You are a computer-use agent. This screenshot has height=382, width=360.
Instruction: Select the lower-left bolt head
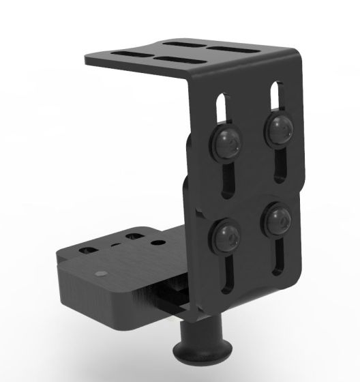pos(227,235)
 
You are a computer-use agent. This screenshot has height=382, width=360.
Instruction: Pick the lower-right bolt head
pos(278,220)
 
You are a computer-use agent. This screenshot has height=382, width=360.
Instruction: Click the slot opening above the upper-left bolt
pos(223,108)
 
